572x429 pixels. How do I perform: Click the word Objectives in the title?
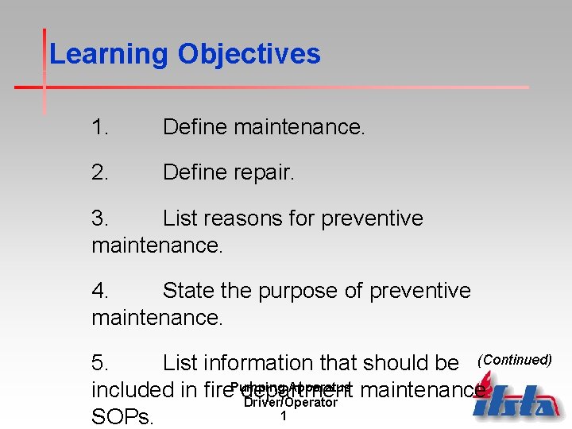pos(249,55)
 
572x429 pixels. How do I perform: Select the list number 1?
pos(99,127)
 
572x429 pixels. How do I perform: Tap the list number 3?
pos(99,218)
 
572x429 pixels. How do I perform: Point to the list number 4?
pos(99,291)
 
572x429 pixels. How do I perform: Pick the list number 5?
pos(99,363)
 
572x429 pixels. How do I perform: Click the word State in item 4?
pos(188,291)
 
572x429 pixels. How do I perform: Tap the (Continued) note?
pos(514,360)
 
